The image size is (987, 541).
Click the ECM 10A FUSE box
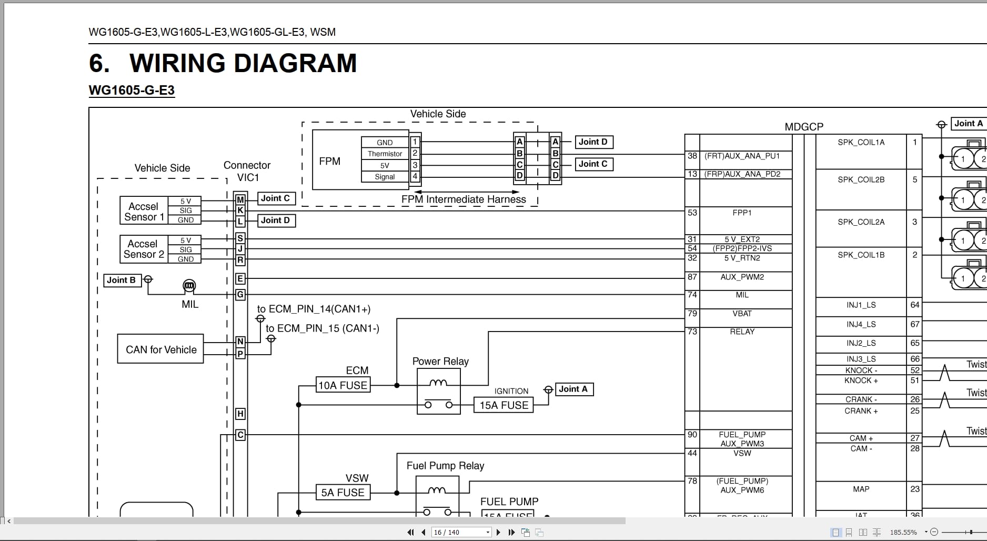pos(343,385)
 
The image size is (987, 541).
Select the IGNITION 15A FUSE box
pos(503,405)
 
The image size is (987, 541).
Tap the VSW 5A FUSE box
pos(343,493)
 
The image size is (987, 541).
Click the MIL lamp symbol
pos(189,286)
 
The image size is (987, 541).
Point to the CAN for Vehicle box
pos(160,349)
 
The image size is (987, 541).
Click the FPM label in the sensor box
pos(330,161)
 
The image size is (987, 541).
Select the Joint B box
pos(122,280)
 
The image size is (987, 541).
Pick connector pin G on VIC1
pos(240,294)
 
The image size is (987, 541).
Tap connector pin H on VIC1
pos(240,414)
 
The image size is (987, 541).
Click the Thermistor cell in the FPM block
pos(385,154)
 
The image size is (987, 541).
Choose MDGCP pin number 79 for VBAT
pos(692,314)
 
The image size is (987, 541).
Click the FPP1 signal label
pos(742,213)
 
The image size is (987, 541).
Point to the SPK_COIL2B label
pos(861,179)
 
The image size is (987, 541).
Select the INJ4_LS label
pos(861,324)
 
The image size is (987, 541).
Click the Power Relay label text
pos(440,362)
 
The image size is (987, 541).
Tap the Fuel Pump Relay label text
pos(445,466)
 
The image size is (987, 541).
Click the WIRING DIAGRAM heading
pos(243,63)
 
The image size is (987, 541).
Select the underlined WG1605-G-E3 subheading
pos(132,90)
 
